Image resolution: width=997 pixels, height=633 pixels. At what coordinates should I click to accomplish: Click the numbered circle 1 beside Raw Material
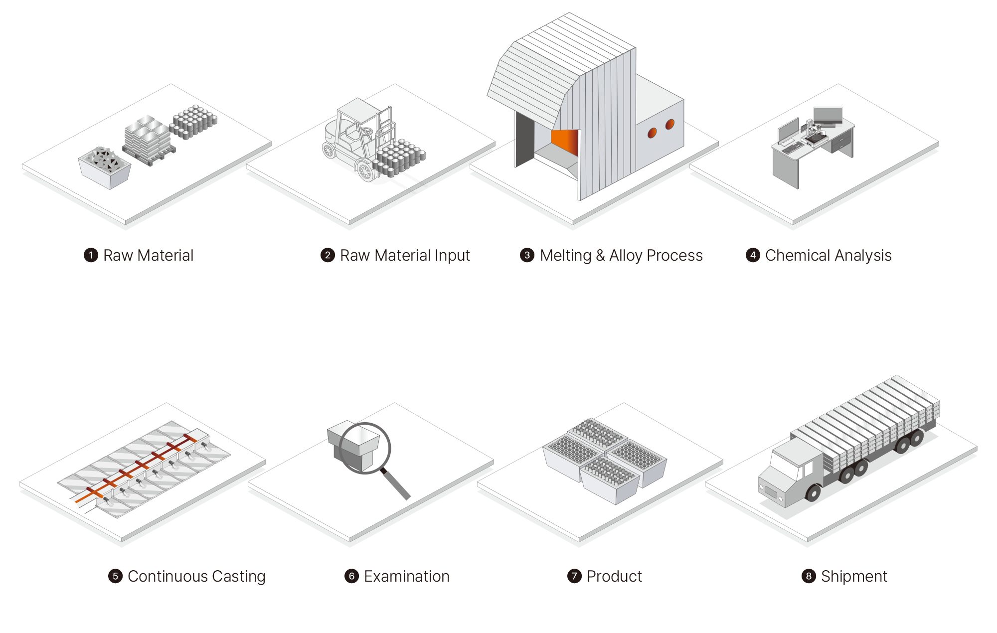tap(91, 255)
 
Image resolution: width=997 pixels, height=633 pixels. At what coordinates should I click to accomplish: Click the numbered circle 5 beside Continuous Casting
tap(115, 576)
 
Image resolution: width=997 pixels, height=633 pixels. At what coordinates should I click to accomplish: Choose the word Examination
tap(407, 576)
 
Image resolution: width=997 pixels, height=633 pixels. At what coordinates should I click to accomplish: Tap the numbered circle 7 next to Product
tap(574, 576)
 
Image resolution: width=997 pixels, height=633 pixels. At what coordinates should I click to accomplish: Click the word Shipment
tap(854, 577)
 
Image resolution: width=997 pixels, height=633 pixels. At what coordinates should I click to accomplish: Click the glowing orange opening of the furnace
tap(565, 142)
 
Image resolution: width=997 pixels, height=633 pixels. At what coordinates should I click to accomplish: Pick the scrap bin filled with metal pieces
tap(105, 167)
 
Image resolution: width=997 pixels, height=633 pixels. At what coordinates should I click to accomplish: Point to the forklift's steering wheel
tap(366, 132)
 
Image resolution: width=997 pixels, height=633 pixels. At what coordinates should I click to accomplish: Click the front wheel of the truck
tap(813, 493)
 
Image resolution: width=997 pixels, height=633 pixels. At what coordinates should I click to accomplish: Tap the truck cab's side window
tap(808, 468)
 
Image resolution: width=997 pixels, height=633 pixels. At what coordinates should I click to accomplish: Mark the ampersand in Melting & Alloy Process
tap(600, 256)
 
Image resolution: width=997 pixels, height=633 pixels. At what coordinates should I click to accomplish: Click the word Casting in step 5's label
tap(239, 577)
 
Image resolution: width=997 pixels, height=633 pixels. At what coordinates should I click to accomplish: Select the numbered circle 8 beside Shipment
tap(809, 576)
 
